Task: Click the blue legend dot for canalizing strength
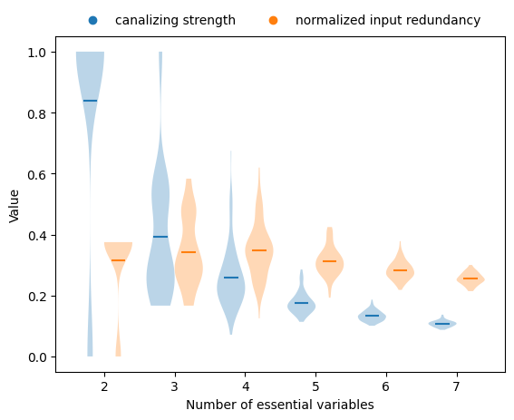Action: point(93,20)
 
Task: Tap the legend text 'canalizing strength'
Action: point(175,20)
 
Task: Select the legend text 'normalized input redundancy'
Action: point(388,20)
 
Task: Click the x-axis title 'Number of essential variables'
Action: point(280,405)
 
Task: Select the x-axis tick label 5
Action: point(315,385)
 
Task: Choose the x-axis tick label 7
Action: point(456,385)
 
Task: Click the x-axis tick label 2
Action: point(104,385)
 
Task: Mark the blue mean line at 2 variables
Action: point(90,101)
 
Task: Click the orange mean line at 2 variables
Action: point(118,260)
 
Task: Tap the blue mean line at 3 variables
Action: point(160,237)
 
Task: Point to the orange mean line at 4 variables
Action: point(259,250)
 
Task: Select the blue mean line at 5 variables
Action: point(301,303)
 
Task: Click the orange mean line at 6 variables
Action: point(400,270)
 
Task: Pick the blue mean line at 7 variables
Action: point(442,324)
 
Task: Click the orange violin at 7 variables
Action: point(470,278)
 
